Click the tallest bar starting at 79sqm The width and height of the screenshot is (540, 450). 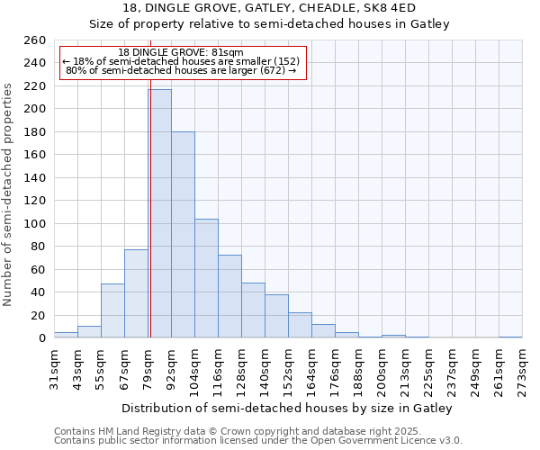(x=159, y=214)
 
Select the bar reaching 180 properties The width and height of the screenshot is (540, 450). (x=183, y=235)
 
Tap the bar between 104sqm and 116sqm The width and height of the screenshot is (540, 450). (x=206, y=278)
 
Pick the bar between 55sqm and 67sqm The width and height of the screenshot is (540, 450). (x=112, y=310)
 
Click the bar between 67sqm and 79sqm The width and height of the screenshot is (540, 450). (x=136, y=293)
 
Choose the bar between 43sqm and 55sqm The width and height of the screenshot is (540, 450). (x=89, y=332)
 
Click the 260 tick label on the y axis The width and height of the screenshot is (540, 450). (x=35, y=40)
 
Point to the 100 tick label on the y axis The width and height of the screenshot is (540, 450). (x=35, y=223)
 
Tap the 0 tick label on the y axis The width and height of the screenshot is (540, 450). (x=42, y=338)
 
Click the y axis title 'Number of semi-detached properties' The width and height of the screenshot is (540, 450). (x=9, y=194)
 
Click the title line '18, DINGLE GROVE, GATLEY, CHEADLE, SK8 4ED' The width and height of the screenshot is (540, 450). (x=269, y=8)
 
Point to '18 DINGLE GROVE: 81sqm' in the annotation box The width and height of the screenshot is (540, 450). (x=181, y=53)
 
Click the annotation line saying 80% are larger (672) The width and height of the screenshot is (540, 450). (x=181, y=70)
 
